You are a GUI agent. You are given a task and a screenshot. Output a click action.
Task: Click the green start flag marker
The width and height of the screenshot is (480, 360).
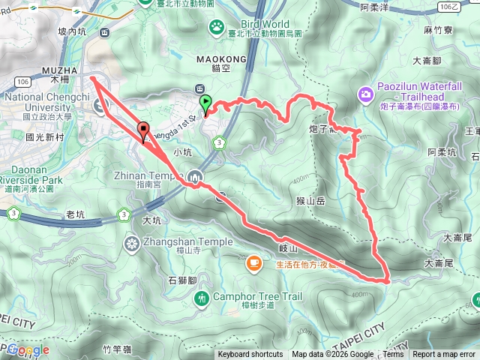(205, 103)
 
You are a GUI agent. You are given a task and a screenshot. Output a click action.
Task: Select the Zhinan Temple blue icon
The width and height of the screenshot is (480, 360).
(195, 176)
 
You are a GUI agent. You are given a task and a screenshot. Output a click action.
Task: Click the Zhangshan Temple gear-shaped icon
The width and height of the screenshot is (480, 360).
(132, 242)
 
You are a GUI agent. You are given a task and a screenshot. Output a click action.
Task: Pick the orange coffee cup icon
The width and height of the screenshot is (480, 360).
(254, 262)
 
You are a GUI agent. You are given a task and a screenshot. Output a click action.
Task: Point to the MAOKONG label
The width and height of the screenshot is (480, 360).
(211, 57)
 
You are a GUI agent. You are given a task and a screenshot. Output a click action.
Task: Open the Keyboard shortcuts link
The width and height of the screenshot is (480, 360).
(250, 355)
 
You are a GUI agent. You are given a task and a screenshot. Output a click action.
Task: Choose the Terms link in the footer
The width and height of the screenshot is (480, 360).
(393, 355)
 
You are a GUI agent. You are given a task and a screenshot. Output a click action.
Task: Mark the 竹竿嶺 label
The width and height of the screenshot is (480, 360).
(117, 349)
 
